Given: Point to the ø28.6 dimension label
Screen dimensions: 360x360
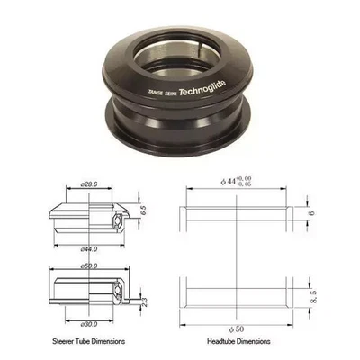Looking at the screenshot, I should (x=75, y=184).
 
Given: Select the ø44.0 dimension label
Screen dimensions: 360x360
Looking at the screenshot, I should (x=76, y=247).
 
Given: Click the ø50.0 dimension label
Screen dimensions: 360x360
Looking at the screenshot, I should (x=76, y=267).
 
